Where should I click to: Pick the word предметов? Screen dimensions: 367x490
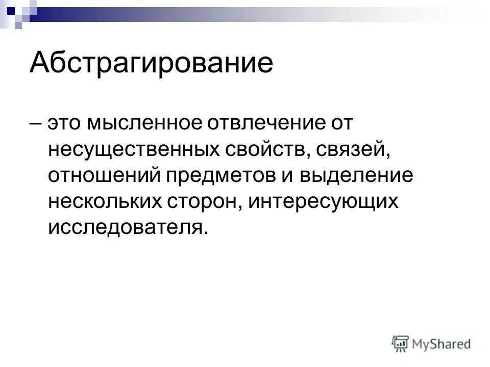(223, 175)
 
